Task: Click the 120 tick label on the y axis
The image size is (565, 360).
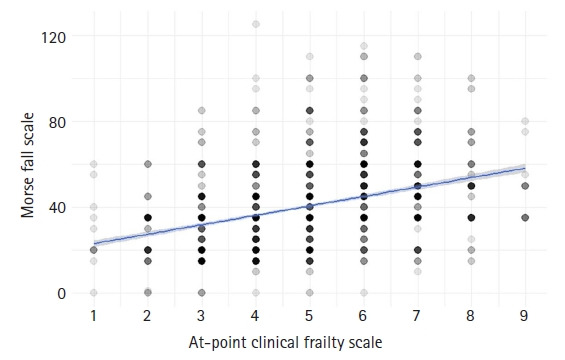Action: point(56,37)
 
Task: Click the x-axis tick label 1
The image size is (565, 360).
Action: point(93,315)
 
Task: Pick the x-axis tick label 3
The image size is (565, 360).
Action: point(201,315)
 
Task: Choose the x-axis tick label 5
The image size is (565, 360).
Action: point(309,315)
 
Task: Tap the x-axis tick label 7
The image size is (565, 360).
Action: point(417,315)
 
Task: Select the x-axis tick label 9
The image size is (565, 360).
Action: point(525,315)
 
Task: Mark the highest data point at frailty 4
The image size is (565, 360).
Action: point(255,25)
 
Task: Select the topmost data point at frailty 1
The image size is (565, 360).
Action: point(93,164)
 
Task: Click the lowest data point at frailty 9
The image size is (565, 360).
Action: point(525,218)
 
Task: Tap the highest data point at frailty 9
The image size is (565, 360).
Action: point(525,122)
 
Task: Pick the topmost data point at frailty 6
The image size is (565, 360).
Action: point(363,46)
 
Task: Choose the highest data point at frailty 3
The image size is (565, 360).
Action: point(201,111)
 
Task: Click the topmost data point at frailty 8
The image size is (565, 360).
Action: point(471,79)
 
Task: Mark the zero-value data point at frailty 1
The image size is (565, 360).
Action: point(93,293)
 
